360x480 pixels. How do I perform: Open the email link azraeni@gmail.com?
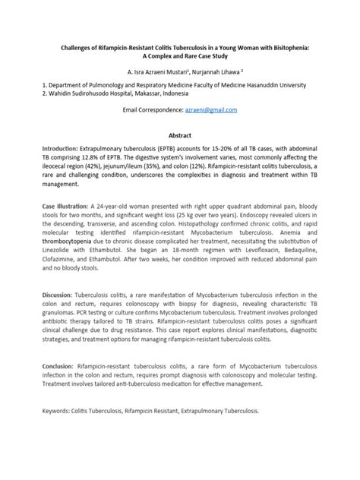[x=216, y=110]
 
